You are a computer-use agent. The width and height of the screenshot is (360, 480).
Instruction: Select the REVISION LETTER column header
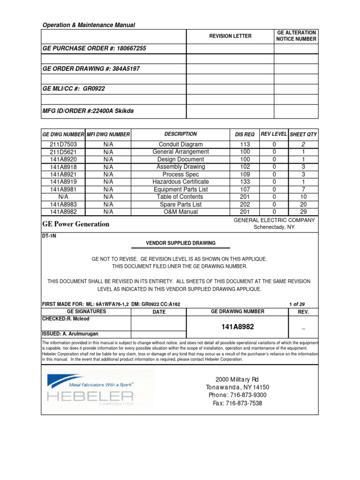point(230,36)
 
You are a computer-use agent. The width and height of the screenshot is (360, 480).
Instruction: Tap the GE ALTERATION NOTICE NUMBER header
point(296,36)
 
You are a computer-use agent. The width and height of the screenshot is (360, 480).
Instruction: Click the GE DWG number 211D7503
point(63,144)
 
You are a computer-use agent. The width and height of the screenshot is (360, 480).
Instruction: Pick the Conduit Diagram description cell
point(180,144)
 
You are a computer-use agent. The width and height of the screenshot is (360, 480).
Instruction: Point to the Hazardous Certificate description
point(180,182)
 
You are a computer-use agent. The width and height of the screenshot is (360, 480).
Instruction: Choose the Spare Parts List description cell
point(180,204)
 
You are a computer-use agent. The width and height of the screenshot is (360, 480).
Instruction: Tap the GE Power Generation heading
point(76,224)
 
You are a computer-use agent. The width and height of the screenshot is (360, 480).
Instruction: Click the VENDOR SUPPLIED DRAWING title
point(180,243)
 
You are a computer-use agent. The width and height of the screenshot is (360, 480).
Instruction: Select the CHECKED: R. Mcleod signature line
point(66,319)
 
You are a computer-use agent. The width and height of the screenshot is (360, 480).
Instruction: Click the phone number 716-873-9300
point(238,395)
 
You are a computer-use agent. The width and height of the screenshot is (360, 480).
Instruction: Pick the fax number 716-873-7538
point(237,403)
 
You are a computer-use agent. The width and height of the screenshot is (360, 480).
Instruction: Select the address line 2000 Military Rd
point(237,379)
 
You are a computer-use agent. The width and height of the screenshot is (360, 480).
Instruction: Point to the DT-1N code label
point(49,237)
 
